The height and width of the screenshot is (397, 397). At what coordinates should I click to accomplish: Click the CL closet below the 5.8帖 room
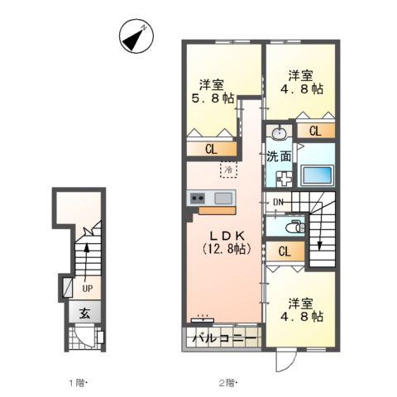click(x=211, y=148)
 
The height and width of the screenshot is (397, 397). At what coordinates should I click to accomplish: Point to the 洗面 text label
click(x=278, y=155)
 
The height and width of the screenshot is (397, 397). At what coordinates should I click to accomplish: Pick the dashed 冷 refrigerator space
click(x=227, y=169)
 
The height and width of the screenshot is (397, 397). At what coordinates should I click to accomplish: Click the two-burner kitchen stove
click(x=198, y=198)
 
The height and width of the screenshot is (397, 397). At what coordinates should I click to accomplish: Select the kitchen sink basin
click(x=223, y=198)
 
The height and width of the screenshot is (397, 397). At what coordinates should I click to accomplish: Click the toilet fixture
click(x=294, y=225)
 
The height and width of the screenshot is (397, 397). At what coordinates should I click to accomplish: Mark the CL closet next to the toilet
click(x=284, y=252)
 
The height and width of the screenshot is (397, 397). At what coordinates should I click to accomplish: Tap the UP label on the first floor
click(x=86, y=288)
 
